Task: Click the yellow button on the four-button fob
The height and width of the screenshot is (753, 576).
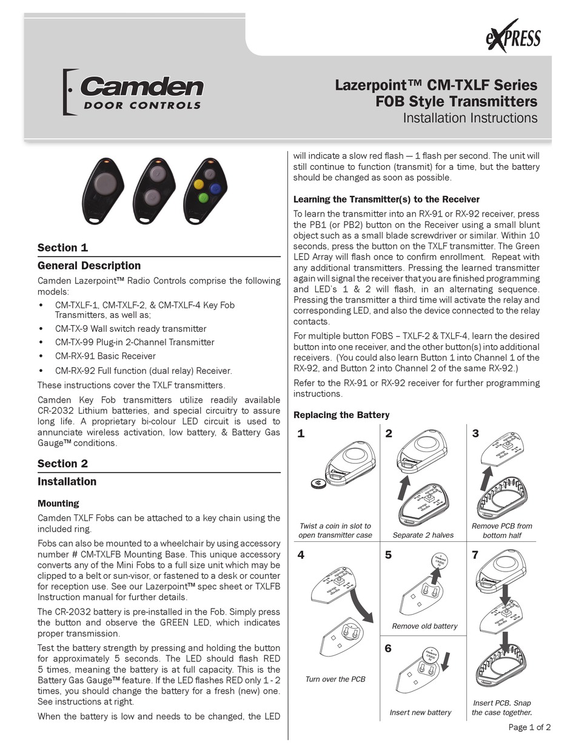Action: [x=198, y=184]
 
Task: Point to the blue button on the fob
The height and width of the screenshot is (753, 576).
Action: [x=214, y=188]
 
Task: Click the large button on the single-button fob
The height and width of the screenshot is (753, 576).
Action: [x=104, y=181]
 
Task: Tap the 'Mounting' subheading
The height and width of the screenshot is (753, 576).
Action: [x=58, y=503]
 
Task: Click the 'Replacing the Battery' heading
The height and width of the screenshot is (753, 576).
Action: [x=341, y=415]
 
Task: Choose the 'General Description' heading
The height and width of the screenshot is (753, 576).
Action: [x=89, y=266]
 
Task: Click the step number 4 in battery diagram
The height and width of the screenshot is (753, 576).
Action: [x=301, y=555]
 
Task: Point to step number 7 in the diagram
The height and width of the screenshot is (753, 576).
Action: [x=475, y=555]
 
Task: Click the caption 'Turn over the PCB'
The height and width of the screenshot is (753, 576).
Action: [x=335, y=680]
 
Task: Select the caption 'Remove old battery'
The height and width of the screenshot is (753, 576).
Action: [x=424, y=626]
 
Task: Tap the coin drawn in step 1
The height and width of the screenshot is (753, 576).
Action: [x=318, y=482]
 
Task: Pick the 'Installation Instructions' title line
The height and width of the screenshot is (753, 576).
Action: [x=471, y=118]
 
